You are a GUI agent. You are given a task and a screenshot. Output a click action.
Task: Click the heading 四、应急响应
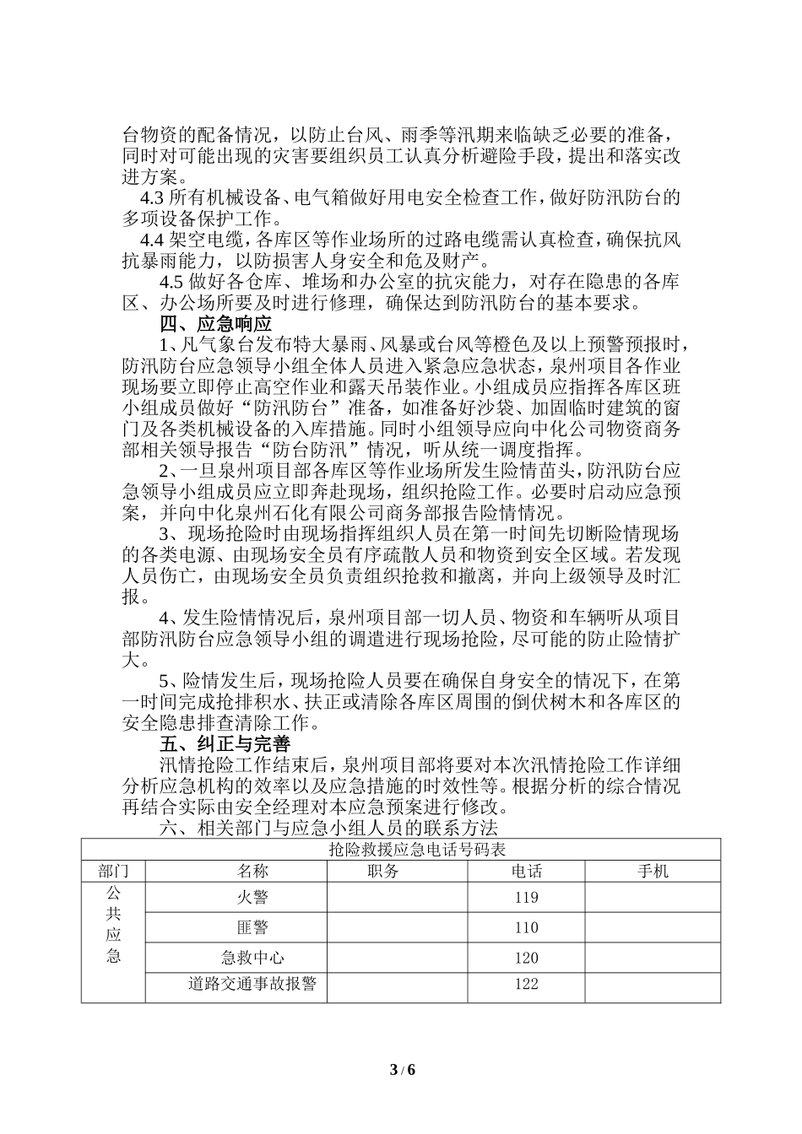point(216,324)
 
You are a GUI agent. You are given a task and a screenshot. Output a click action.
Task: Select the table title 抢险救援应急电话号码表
point(401,849)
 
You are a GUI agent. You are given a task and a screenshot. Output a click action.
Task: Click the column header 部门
point(113,871)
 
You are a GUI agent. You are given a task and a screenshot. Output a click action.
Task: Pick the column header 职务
point(384,871)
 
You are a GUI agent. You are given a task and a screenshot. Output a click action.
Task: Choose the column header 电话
point(526,871)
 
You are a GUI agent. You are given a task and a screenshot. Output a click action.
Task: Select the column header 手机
point(652,871)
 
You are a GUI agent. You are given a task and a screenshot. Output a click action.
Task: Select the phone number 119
point(526,898)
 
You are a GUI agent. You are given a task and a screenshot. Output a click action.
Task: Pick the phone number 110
point(526,927)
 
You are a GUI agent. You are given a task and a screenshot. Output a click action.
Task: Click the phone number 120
point(526,957)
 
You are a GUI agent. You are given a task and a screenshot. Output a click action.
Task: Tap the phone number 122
point(526,984)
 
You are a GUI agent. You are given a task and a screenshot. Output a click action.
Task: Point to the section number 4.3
point(152,198)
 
